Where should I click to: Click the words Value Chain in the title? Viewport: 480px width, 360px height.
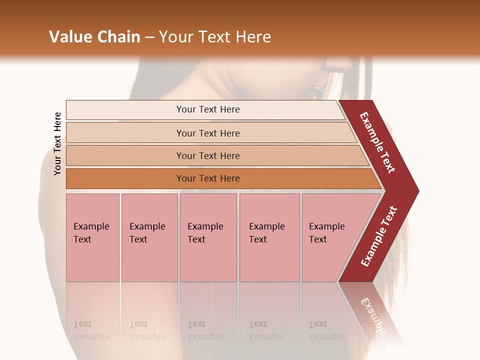94,37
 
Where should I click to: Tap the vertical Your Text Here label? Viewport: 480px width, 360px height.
58,143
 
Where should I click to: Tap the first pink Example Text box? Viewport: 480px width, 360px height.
92,237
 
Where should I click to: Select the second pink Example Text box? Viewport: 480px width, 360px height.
149,237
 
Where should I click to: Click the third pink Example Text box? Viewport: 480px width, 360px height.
208,237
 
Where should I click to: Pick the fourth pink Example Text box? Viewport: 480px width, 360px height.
269,237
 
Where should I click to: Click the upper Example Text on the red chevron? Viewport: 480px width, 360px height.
378,142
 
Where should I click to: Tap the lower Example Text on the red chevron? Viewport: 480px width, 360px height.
379,236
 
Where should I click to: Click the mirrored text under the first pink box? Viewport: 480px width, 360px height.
91,330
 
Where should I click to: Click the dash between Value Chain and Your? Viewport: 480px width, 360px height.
149,37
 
